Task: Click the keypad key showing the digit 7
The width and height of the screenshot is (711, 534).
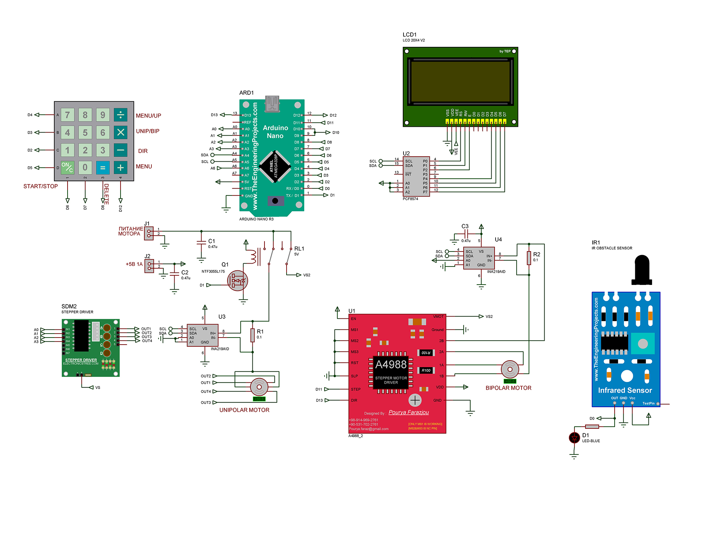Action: [68, 115]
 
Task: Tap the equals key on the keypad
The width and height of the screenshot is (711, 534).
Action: [103, 168]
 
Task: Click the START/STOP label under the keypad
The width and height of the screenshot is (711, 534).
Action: [41, 186]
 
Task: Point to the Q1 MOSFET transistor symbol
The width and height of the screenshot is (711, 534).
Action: [237, 281]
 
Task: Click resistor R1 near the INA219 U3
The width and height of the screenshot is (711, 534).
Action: [252, 335]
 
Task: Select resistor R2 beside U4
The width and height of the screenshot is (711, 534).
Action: [529, 258]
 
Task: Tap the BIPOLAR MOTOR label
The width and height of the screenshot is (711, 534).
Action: [508, 388]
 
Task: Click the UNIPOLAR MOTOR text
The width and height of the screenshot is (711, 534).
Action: [244, 410]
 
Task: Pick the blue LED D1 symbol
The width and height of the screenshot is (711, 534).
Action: [574, 438]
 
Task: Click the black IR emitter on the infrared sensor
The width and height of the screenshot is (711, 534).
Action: [642, 269]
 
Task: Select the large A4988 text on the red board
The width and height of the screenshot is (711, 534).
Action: [391, 365]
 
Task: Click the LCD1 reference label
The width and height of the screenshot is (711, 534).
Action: [410, 34]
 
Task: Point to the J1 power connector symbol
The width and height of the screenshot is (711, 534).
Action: [149, 233]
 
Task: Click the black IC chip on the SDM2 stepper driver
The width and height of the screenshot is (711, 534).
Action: [81, 335]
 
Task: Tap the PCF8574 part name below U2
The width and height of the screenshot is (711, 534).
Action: [410, 199]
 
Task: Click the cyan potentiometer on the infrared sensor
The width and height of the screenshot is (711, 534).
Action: [643, 344]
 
